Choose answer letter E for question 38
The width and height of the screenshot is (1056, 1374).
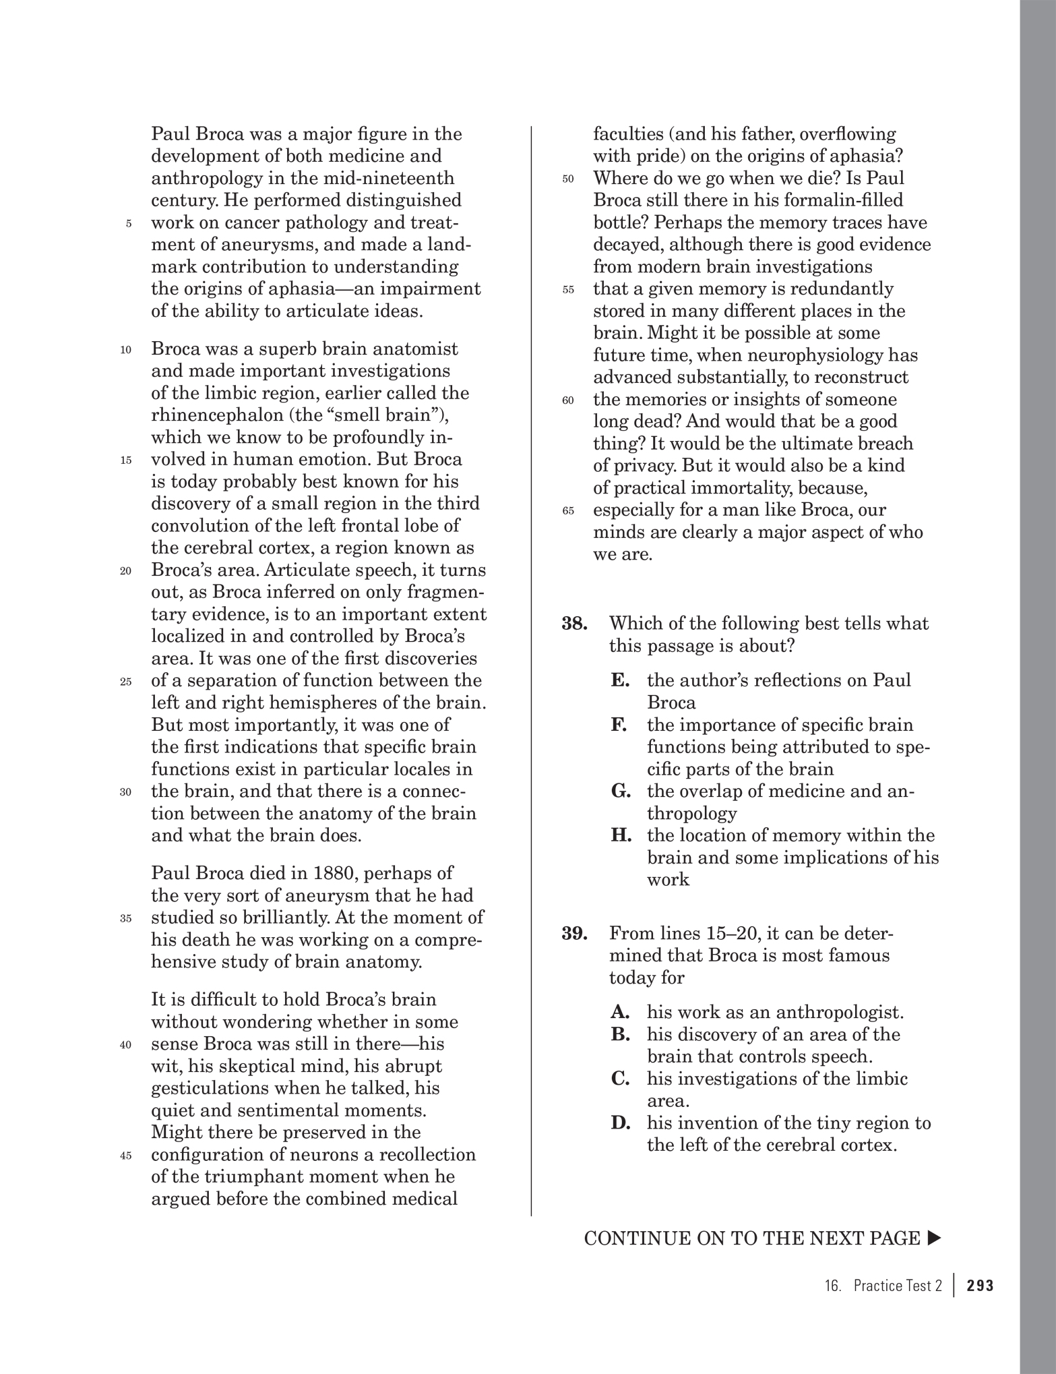[620, 680]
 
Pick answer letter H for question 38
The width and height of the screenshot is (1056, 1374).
[621, 836]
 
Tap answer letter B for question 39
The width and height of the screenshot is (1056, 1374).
[620, 1035]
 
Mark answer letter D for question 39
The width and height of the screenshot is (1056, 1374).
[621, 1124]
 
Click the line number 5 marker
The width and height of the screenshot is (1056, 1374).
[128, 225]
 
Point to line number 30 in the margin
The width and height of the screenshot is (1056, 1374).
[125, 793]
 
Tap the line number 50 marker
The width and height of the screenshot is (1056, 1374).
[567, 179]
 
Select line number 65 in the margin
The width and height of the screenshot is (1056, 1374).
[567, 512]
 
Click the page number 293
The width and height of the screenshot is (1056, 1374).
[980, 1286]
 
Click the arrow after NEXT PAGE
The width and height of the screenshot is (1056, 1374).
[934, 1238]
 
